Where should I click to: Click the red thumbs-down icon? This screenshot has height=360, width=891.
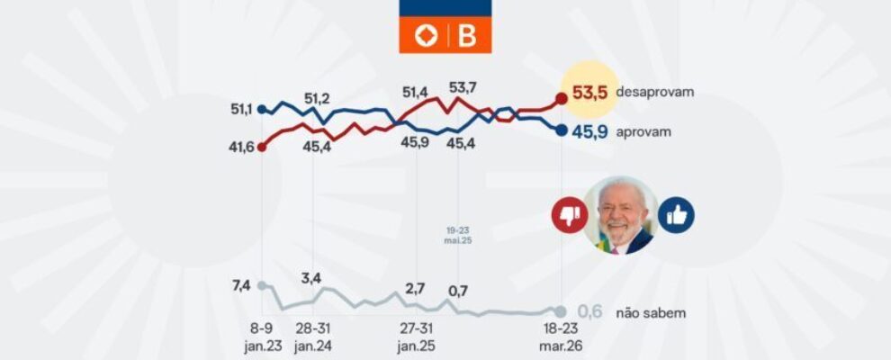(569, 216)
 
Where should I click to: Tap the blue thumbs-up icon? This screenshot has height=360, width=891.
(676, 215)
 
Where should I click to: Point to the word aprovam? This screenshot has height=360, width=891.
(645, 131)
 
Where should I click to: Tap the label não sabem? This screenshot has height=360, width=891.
(653, 313)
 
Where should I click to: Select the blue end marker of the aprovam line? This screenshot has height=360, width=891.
(562, 130)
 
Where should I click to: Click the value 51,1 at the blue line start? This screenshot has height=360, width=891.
(240, 110)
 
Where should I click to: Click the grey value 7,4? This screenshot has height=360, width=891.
(240, 284)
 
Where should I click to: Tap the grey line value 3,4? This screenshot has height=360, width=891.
(311, 276)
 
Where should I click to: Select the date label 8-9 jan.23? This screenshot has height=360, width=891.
(262, 337)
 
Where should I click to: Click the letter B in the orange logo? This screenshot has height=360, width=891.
(468, 36)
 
